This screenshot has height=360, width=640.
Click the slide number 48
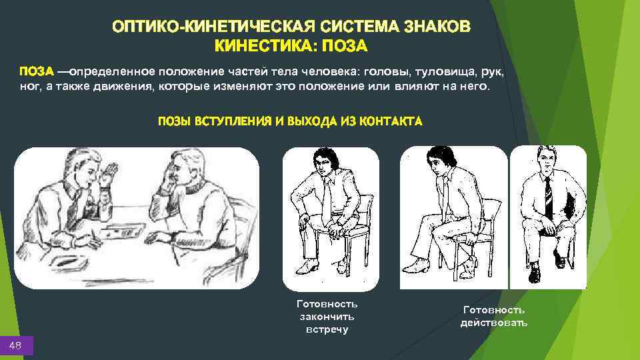(x=15, y=345)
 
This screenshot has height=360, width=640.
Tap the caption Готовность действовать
(x=493, y=316)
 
